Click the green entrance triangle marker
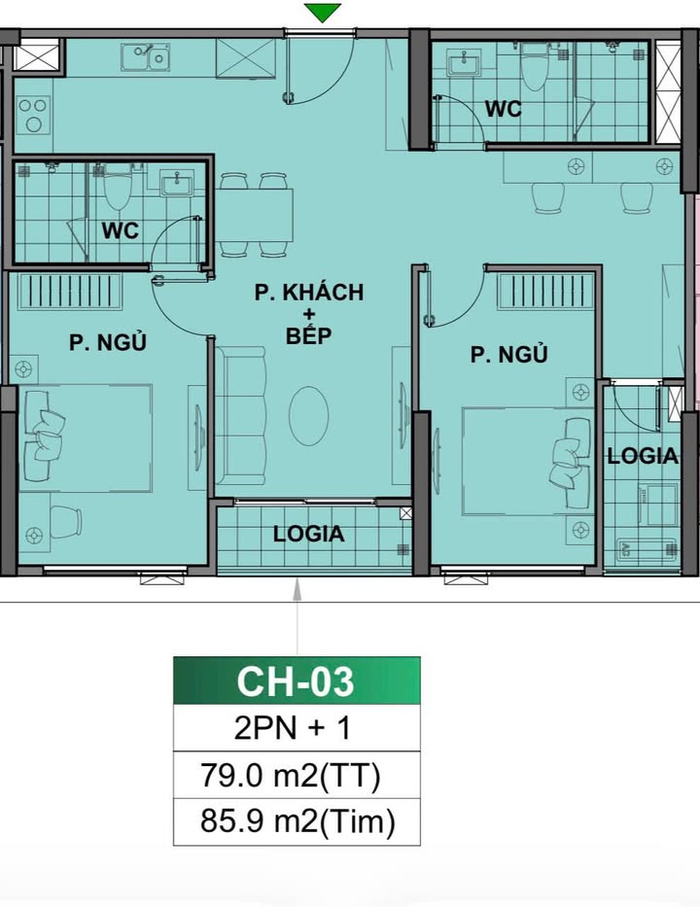pos(322,12)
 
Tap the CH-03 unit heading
pos(295,681)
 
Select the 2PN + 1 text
pos(293,728)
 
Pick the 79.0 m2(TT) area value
pos(291,775)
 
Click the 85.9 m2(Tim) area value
pos(297,821)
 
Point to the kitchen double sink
pos(145,56)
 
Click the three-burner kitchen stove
pos(33,115)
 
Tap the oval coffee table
pos(309,416)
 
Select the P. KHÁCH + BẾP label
pos(309,314)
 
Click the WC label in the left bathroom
pos(121,230)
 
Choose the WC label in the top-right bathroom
pos(504,109)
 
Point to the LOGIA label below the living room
pos(309,534)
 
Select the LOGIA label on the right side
pos(642,456)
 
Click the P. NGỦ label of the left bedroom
pos(108,342)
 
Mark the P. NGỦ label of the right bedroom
pos(508,354)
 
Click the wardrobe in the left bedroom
pos(71,291)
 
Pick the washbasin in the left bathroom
pos(176,184)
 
